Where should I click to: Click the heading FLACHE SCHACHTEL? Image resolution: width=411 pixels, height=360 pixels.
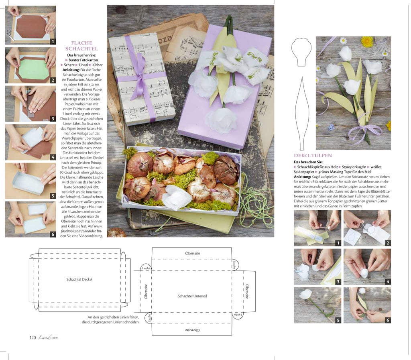coord(81,46)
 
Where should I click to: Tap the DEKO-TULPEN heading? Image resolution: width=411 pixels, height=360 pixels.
coord(313,155)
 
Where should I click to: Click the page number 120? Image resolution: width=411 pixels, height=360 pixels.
coord(33,338)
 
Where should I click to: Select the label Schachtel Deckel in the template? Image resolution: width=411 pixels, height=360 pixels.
coord(79,279)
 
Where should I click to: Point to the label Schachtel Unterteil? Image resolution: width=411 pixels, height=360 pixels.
coord(192,296)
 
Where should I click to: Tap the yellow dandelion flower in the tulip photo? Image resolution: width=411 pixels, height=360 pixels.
coord(367,41)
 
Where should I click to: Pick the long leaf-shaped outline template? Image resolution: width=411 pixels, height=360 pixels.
coord(302,113)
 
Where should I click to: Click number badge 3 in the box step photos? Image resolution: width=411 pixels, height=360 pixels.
coord(53,118)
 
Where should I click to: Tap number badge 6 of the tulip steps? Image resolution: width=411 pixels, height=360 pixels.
coord(388,320)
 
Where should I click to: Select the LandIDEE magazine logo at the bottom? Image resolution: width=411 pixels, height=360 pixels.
coord(48,338)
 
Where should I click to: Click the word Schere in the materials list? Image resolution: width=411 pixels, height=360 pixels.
coord(69,65)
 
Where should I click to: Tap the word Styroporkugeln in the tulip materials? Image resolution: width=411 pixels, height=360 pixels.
coord(354,167)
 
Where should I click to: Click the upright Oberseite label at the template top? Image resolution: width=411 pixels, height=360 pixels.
coord(192,253)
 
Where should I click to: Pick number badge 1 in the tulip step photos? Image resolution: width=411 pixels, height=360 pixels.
coord(338,243)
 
